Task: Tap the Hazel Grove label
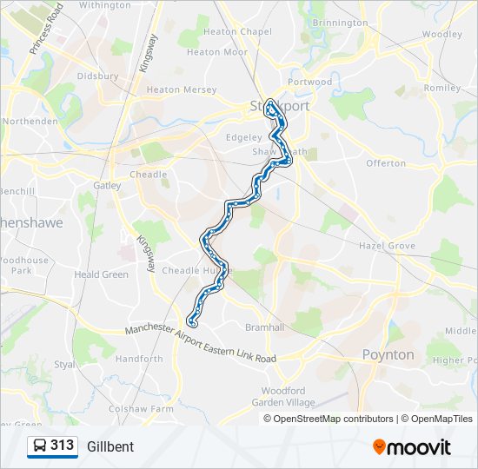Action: click(387, 246)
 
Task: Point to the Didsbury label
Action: click(97, 76)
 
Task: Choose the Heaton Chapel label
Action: click(237, 32)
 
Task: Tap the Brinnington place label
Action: click(340, 23)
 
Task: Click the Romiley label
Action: click(441, 88)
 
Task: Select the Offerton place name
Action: click(386, 163)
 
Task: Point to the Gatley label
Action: click(108, 185)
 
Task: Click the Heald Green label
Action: click(101, 274)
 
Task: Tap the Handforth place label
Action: click(139, 359)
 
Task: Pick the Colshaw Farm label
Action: click(136, 408)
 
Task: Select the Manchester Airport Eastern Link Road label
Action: click(200, 344)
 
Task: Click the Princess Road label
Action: click(47, 30)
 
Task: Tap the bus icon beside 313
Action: click(40, 446)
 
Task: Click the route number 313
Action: click(62, 446)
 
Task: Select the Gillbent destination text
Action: click(110, 446)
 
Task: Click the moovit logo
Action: click(412, 446)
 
